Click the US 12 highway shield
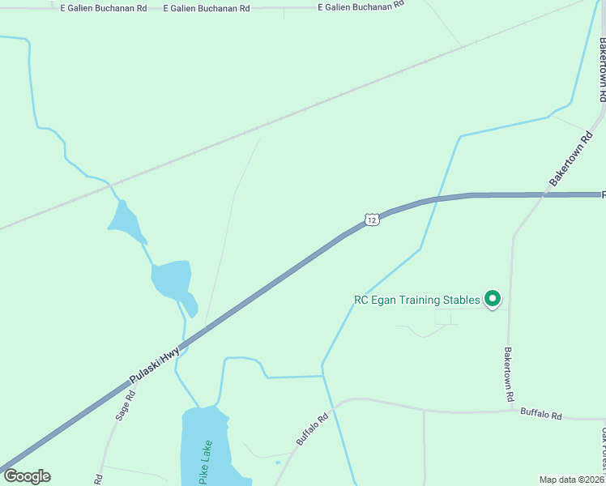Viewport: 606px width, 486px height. pyautogui.click(x=372, y=220)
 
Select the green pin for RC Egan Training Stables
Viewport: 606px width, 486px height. pyautogui.click(x=492, y=300)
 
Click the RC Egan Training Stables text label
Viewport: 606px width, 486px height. pyautogui.click(x=417, y=300)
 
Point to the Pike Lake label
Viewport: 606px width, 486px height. pyautogui.click(x=206, y=463)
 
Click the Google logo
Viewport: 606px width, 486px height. pyautogui.click(x=27, y=476)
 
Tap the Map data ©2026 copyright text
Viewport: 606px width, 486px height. pyautogui.click(x=571, y=480)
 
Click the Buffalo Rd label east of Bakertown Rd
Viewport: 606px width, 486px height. pyautogui.click(x=540, y=414)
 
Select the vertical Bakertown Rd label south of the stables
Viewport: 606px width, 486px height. pyautogui.click(x=509, y=375)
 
